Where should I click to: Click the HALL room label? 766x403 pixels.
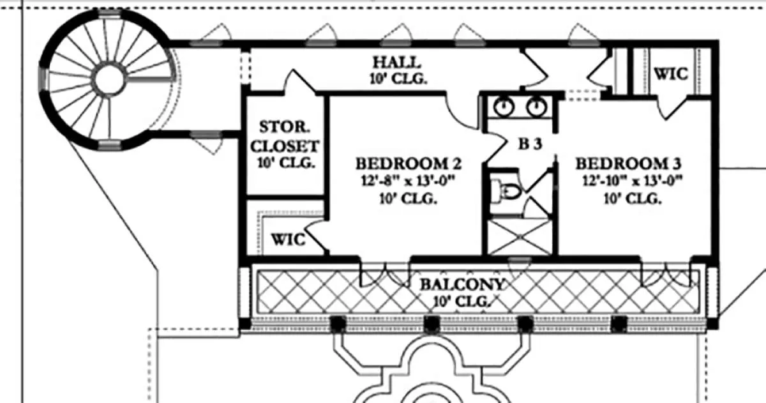coord(396,63)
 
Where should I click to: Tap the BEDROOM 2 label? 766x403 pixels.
coord(409,163)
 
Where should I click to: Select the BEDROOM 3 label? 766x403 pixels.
coord(629,163)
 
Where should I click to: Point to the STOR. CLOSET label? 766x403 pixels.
coord(285,137)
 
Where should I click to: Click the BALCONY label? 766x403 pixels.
coord(462,285)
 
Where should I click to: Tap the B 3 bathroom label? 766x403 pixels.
coord(530,144)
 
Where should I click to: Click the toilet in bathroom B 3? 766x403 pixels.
coord(506,191)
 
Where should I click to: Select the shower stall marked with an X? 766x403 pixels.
coord(519,237)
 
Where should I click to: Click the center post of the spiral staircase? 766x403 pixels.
coord(109,79)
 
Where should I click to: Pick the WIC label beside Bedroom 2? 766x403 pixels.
coord(289,240)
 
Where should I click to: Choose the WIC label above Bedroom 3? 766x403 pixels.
coord(671,74)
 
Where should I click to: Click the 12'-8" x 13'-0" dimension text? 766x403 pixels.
coord(409,181)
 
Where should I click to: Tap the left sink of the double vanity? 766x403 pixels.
coord(504,107)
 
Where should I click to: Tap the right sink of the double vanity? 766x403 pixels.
coord(536,107)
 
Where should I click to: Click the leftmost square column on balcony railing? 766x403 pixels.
coord(338,323)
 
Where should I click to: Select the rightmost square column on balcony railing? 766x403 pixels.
coord(619,323)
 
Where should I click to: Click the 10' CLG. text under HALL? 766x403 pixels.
coord(398,79)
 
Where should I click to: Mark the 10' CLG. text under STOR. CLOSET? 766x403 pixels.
coord(286,163)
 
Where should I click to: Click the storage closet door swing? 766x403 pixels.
coord(299,80)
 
